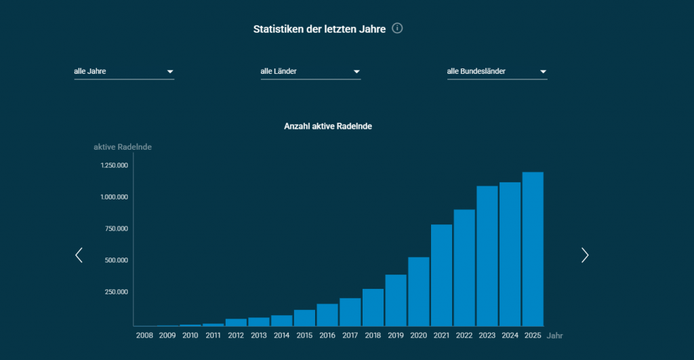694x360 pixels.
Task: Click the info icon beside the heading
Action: pyautogui.click(x=398, y=28)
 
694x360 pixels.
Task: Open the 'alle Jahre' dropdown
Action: pyautogui.click(x=124, y=71)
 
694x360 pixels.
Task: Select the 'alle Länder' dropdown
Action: pyautogui.click(x=310, y=71)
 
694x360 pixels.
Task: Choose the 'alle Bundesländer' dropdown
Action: pyautogui.click(x=497, y=71)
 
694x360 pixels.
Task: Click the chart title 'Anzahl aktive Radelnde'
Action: pyautogui.click(x=328, y=126)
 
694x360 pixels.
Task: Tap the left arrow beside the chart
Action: pyautogui.click(x=79, y=255)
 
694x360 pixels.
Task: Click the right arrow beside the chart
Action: pyautogui.click(x=585, y=255)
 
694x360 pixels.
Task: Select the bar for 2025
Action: pyautogui.click(x=533, y=249)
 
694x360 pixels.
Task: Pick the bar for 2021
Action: pyautogui.click(x=442, y=275)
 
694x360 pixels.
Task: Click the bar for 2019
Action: pyautogui.click(x=396, y=300)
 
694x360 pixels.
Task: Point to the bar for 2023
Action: pyautogui.click(x=487, y=256)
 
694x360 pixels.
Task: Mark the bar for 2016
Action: pyautogui.click(x=327, y=315)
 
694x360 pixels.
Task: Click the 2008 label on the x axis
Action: pyautogui.click(x=144, y=336)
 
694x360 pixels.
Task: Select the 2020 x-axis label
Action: pyautogui.click(x=419, y=336)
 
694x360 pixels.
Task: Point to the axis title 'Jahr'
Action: pyautogui.click(x=555, y=336)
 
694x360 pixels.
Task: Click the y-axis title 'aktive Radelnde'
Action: pyautogui.click(x=123, y=146)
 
